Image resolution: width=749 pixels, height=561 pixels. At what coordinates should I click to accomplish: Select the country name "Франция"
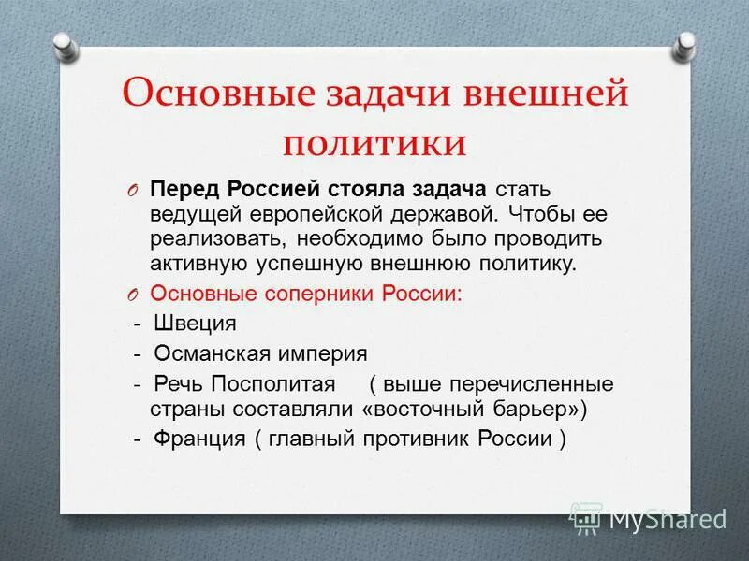tap(198, 440)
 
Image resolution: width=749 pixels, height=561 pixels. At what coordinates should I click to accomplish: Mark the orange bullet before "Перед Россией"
tap(133, 190)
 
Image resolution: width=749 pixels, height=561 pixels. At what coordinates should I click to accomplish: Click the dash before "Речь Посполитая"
tap(137, 384)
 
